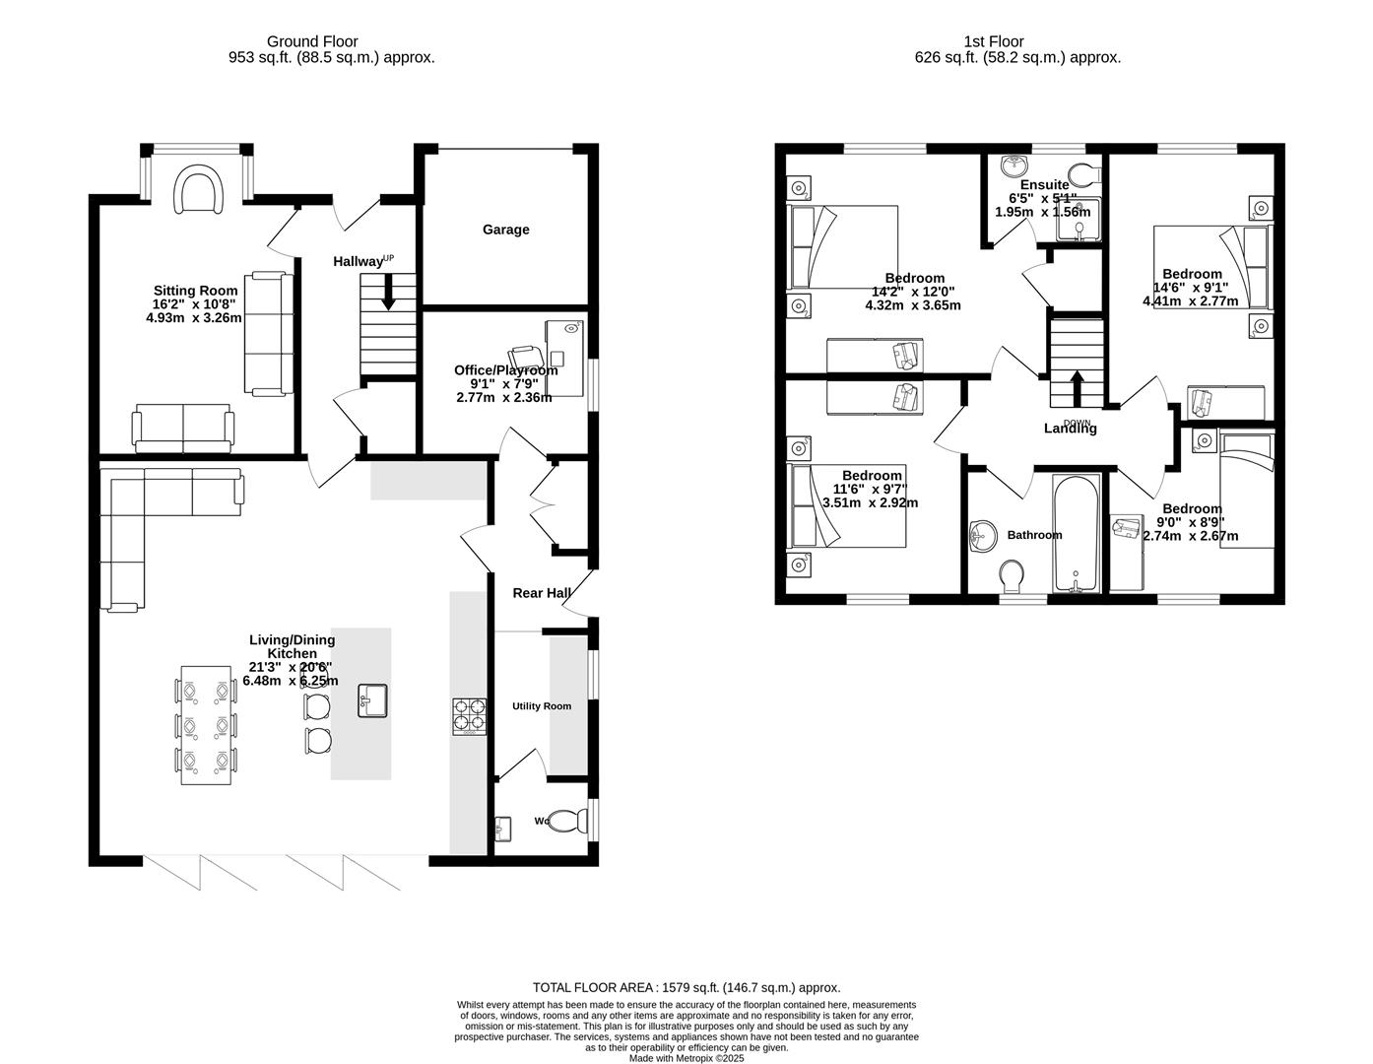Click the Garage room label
505,230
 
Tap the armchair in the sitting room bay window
198,189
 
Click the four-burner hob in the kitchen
469,716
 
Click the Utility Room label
541,706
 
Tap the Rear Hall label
542,593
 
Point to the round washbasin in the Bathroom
982,537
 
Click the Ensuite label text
1044,185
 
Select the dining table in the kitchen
207,725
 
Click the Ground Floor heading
312,41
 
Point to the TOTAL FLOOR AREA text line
686,987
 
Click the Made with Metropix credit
686,1059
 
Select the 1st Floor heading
993,41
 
